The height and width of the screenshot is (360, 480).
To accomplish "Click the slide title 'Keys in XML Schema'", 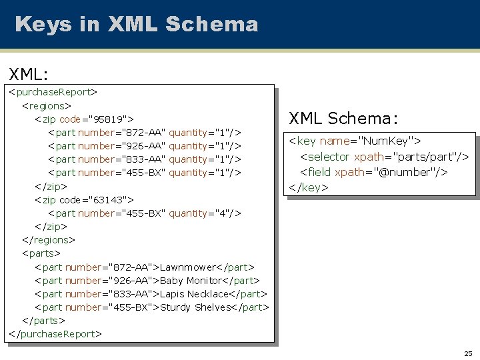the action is click(136, 25).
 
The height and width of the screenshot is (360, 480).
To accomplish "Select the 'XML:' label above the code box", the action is click(27, 73).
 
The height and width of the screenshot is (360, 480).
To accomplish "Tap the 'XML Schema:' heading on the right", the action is click(343, 118).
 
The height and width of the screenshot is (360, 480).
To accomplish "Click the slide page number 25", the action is click(468, 353).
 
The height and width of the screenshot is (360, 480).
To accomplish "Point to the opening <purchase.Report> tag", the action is click(53, 92).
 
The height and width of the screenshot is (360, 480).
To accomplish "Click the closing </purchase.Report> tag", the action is click(55, 333).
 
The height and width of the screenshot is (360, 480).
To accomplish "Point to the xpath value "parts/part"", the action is click(424, 156).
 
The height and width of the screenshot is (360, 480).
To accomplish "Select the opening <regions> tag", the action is click(47, 105).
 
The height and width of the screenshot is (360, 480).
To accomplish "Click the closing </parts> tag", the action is click(44, 320).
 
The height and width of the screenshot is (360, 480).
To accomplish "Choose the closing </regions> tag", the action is click(49, 239).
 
